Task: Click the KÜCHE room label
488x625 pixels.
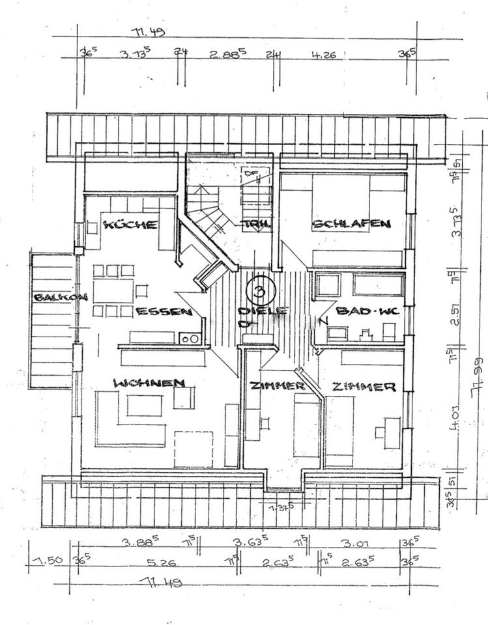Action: point(131,225)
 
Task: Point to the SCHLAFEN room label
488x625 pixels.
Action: point(351,223)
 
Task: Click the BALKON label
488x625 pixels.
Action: point(61,298)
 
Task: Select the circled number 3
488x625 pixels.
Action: point(260,286)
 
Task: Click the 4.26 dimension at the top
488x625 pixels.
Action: point(323,55)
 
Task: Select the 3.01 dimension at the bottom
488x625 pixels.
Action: point(356,542)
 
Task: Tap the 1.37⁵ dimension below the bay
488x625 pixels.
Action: point(283,506)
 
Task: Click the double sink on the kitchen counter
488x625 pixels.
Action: point(190,338)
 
